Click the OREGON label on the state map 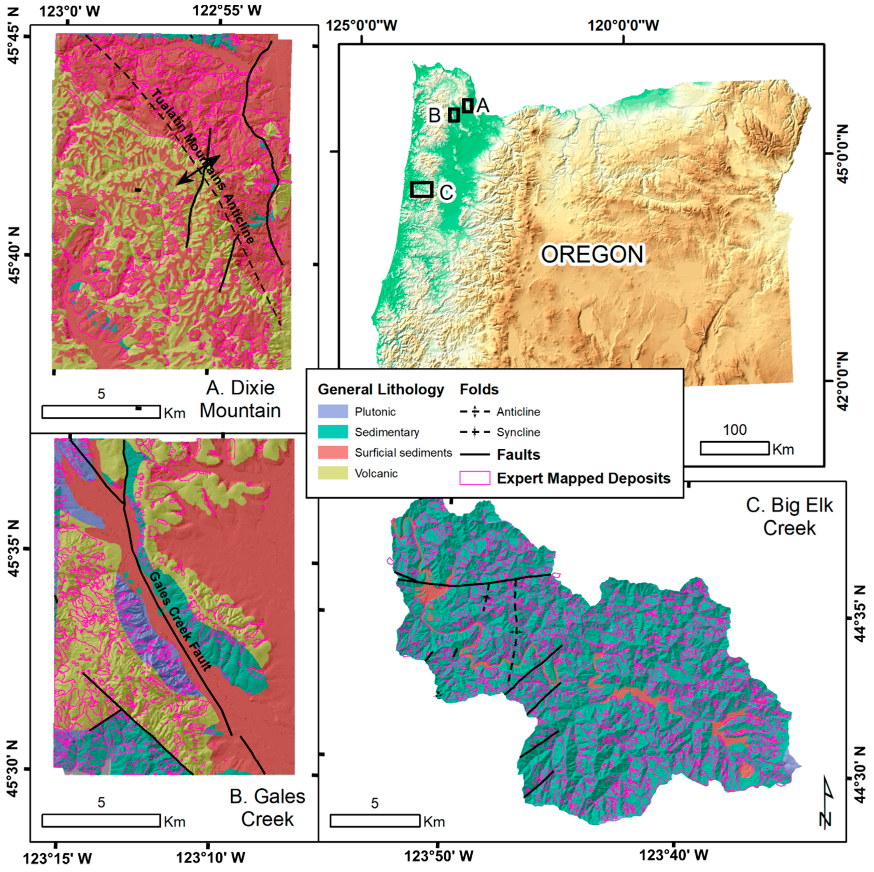tap(592, 254)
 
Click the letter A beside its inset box tap(483, 106)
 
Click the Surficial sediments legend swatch tap(332, 452)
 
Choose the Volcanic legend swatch tap(332, 473)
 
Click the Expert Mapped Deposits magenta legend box tap(475, 478)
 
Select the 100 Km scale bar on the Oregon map tap(734, 448)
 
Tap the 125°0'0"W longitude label tap(362, 25)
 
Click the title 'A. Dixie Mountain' tap(240, 399)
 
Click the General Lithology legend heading tap(380, 389)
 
